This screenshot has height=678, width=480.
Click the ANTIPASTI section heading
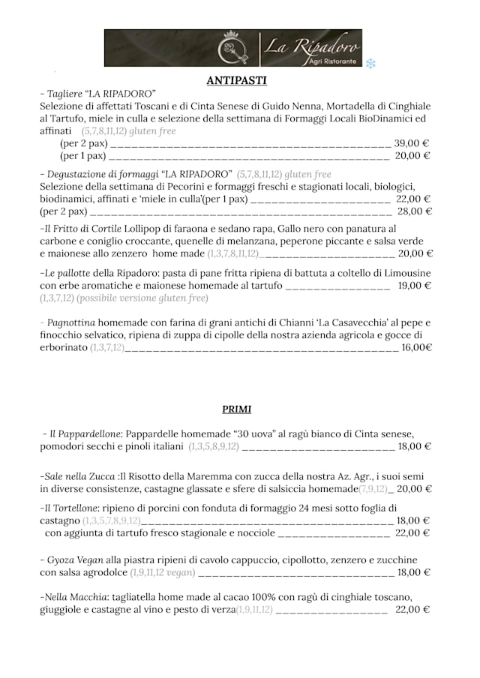(236, 80)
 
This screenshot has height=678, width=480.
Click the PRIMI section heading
(236, 409)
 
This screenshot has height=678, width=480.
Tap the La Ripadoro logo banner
(232, 48)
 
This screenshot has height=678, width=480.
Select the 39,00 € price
(412, 143)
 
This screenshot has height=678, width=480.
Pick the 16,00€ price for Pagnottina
(417, 347)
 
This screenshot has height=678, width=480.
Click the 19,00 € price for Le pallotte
(414, 286)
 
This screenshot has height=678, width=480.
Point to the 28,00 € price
(415, 211)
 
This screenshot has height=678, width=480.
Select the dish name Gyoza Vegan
(74, 559)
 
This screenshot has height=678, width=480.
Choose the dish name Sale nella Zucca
(79, 476)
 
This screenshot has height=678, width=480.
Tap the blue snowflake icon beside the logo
(370, 64)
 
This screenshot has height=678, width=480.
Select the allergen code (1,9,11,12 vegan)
(162, 573)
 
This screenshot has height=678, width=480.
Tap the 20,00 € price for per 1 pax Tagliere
(412, 156)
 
